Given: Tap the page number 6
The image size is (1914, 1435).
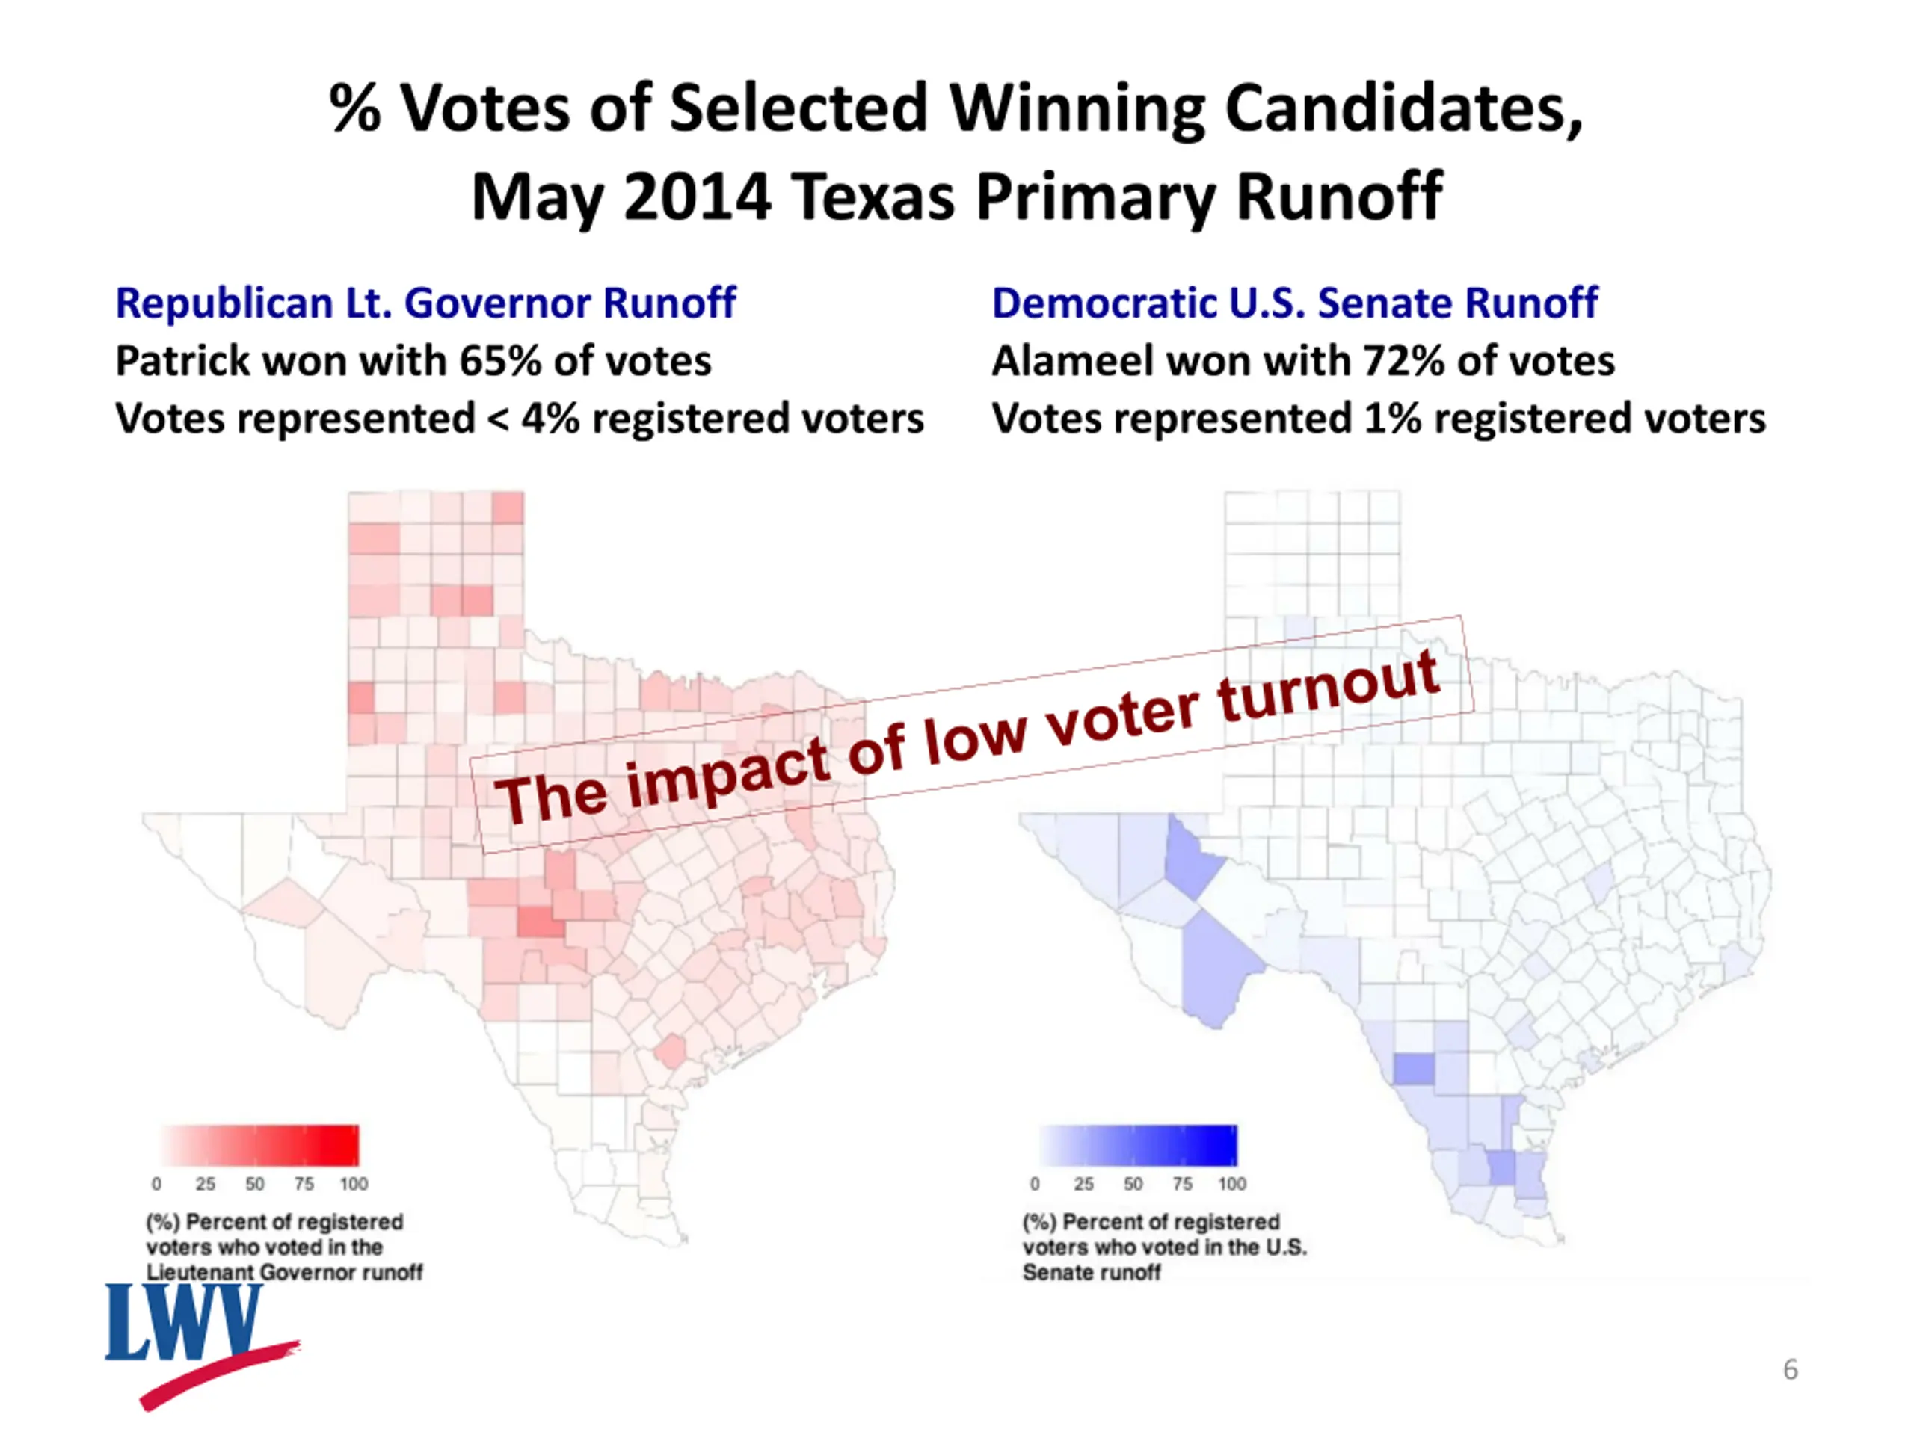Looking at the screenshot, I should point(1791,1369).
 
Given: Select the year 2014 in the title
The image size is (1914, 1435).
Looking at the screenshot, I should point(697,197).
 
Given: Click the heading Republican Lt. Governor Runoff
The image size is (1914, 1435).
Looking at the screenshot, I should point(425,303).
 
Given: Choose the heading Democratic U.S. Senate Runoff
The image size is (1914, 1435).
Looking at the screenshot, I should point(1293,303).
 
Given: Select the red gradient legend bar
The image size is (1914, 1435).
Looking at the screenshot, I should point(259,1145).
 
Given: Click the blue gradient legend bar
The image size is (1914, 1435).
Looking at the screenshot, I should point(1138,1145).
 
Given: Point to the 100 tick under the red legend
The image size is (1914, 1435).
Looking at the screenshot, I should point(353,1183).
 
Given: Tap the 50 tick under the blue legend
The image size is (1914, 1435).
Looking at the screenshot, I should point(1133,1183).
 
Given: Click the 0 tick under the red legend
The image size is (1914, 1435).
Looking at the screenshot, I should point(156,1183).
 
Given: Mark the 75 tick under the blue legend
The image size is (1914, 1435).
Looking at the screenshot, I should point(1182,1183).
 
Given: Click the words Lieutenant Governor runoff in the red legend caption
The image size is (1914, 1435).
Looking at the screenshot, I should point(284,1272).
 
